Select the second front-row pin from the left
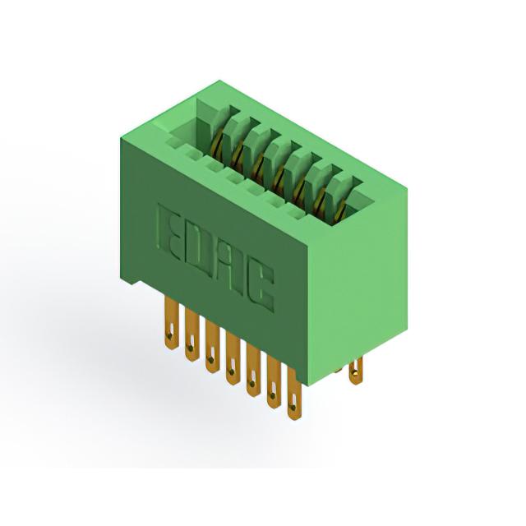[x=191, y=336]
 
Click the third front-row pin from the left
[x=212, y=348]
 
